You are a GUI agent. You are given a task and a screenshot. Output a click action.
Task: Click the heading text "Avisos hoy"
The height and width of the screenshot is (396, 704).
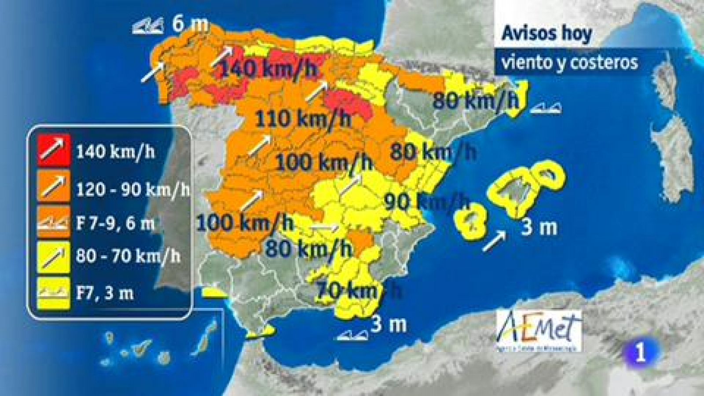547,34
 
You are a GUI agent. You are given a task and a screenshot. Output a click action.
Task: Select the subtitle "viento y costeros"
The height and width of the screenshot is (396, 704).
569,62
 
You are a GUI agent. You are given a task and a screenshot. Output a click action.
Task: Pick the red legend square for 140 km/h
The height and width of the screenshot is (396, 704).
54,150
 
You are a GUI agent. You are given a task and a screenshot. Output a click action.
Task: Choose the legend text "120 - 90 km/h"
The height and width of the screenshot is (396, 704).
133,189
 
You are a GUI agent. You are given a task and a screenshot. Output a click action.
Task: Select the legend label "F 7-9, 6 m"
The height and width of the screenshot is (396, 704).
115,223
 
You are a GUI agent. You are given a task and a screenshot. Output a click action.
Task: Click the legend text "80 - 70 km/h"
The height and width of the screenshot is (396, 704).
128,256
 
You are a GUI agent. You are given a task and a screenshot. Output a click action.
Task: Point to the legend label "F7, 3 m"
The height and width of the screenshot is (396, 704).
105,293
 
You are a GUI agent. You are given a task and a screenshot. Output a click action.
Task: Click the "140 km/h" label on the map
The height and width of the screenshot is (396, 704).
267,69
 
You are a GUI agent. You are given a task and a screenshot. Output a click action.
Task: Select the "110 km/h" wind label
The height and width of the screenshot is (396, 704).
303,118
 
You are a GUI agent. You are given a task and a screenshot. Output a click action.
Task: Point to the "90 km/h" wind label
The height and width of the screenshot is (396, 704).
427,202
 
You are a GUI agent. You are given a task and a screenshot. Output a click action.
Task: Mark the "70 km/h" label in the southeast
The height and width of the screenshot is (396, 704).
358,290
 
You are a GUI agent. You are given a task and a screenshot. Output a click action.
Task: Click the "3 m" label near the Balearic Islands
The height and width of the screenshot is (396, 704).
539,228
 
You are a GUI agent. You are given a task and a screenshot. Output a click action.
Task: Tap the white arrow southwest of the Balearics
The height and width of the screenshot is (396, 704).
494,242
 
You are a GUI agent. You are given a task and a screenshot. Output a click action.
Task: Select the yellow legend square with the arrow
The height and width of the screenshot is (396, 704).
54,256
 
